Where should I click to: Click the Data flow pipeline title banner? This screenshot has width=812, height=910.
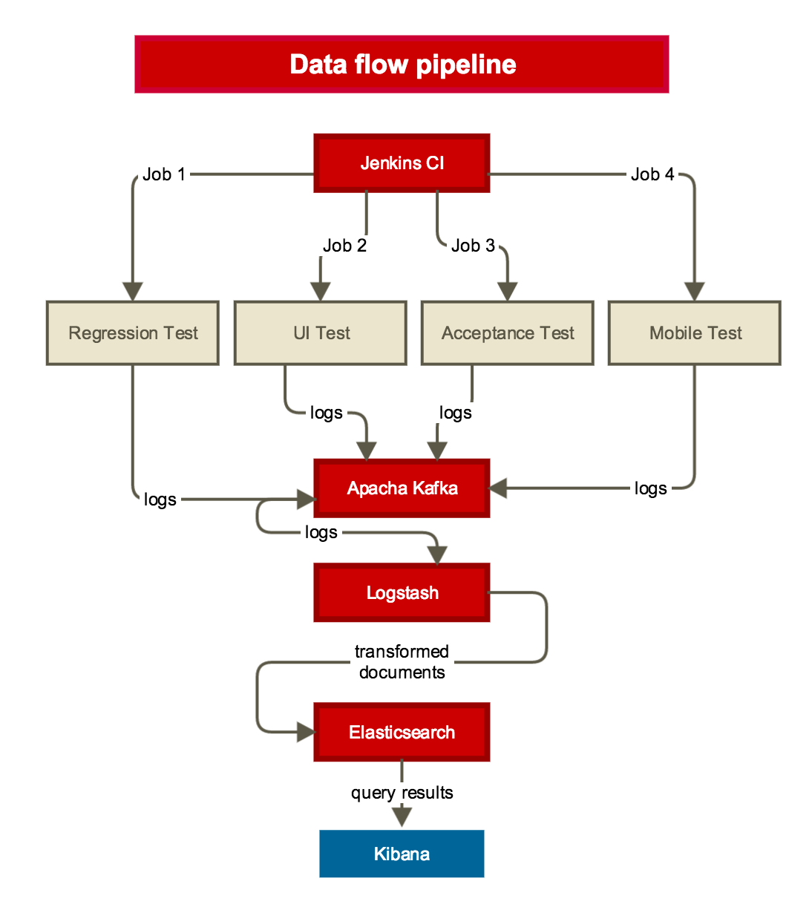(x=402, y=65)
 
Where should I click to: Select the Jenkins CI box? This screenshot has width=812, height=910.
(x=402, y=163)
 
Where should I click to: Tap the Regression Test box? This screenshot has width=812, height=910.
(x=133, y=333)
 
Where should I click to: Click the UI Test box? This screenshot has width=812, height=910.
(x=321, y=333)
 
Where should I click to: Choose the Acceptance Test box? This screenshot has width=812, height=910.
(x=508, y=333)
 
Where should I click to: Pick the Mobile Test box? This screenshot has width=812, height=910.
(x=695, y=333)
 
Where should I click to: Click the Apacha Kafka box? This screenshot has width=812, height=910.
(x=402, y=488)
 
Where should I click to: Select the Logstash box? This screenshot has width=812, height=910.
(x=402, y=593)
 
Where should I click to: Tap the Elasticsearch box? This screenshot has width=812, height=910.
(x=402, y=733)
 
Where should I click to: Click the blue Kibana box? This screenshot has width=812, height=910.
(x=402, y=854)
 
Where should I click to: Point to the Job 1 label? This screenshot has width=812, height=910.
(x=163, y=174)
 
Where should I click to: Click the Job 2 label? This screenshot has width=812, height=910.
(x=344, y=246)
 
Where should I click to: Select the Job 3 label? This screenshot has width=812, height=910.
(x=473, y=246)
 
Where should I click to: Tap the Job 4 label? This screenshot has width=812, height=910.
(x=652, y=174)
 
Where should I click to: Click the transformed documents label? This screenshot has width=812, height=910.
(x=402, y=662)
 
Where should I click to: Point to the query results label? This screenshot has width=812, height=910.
(x=402, y=793)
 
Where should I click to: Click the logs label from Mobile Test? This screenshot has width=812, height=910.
(x=650, y=488)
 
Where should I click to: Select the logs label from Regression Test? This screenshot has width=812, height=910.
(x=160, y=500)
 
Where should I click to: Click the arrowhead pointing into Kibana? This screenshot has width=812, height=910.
(x=402, y=817)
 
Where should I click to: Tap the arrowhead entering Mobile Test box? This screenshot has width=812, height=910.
(x=695, y=291)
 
